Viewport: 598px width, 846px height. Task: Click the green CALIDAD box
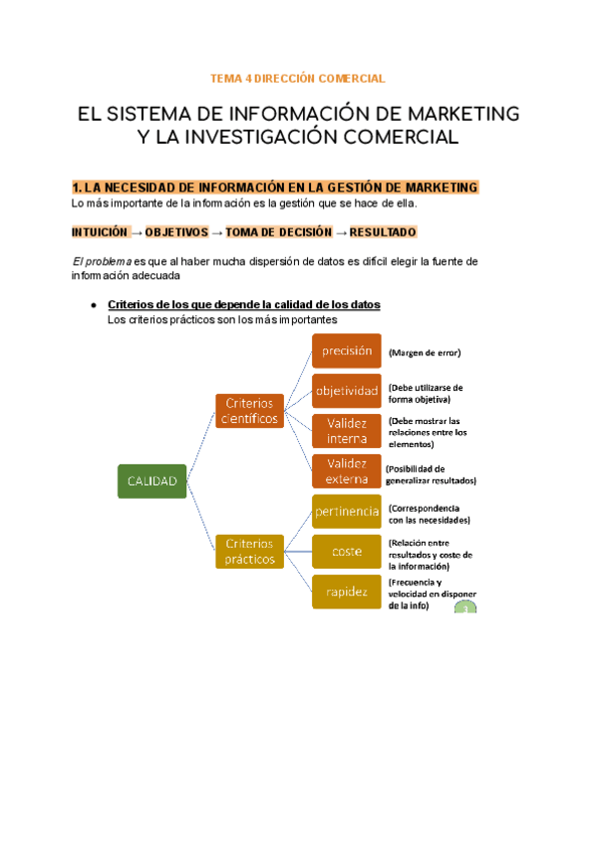(x=151, y=481)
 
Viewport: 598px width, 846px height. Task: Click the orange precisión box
(x=347, y=351)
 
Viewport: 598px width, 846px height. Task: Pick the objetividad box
(x=347, y=391)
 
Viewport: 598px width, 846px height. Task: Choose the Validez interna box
(x=347, y=430)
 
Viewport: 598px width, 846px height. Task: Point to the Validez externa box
(x=347, y=471)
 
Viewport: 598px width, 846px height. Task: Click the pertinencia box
(x=347, y=511)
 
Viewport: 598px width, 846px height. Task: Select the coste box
(x=347, y=551)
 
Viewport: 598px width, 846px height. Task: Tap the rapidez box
(x=347, y=591)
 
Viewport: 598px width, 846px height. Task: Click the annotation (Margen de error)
(x=425, y=352)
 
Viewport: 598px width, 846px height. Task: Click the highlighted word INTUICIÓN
(x=100, y=232)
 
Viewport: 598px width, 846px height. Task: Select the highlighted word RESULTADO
(x=384, y=232)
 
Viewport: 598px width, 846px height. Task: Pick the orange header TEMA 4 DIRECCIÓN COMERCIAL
(x=298, y=78)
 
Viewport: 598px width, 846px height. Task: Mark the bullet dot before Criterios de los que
(x=93, y=304)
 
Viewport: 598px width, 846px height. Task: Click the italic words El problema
(x=102, y=261)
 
